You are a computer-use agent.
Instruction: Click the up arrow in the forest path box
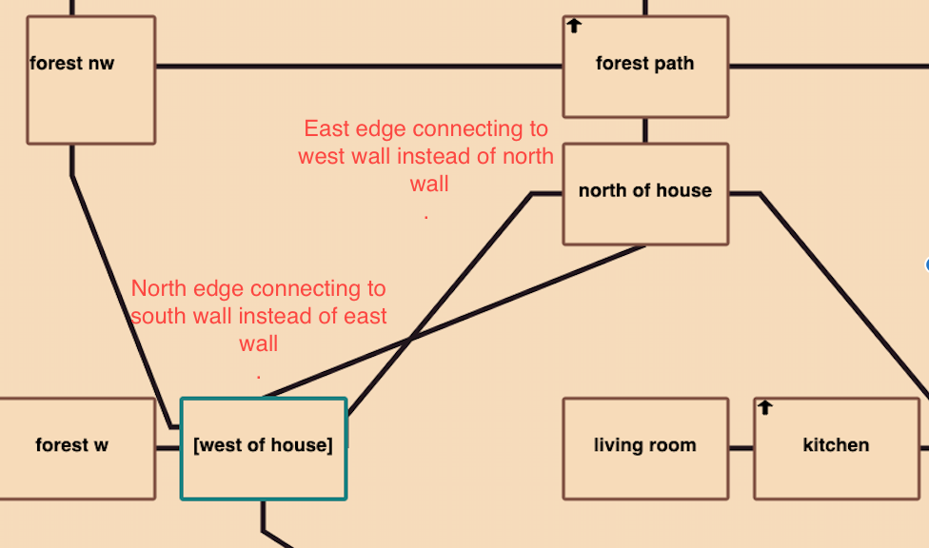(574, 26)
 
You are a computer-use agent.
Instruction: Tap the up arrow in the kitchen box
(765, 408)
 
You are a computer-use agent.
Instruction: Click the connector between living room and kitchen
(741, 447)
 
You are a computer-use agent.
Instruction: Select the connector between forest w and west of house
(168, 447)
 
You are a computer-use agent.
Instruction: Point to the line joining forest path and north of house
(645, 130)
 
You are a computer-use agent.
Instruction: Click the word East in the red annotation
(326, 128)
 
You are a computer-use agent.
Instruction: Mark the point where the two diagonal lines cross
(410, 338)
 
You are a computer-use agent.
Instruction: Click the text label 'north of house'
(645, 190)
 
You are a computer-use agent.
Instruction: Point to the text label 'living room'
(645, 444)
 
